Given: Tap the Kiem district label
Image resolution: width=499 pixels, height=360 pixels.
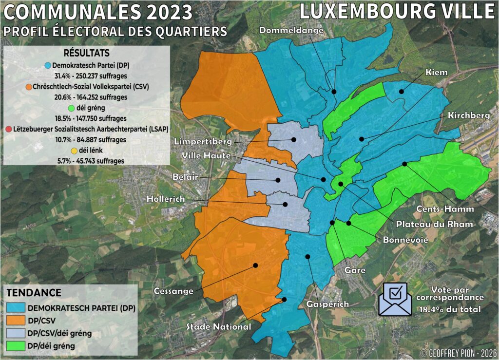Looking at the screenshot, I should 437,72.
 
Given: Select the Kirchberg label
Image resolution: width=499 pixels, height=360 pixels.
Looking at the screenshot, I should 470,116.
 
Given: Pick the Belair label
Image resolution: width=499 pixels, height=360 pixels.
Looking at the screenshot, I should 185,177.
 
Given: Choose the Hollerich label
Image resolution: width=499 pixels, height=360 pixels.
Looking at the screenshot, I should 168,200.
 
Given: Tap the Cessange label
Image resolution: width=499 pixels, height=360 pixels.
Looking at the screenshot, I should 173,291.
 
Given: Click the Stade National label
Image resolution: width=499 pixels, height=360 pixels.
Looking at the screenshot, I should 219,327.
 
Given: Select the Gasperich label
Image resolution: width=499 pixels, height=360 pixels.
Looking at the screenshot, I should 327,304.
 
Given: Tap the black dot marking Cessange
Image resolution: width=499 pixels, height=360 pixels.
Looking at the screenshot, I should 255,265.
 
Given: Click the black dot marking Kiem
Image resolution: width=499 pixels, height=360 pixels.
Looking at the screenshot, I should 402,91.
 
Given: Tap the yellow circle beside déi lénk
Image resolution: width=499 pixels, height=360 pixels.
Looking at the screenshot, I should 74,151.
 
